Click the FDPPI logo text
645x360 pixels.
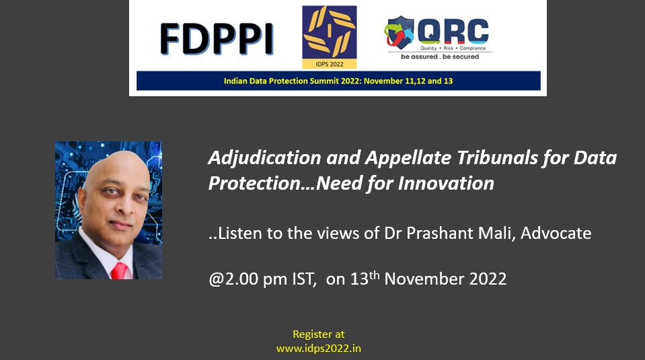click(217, 39)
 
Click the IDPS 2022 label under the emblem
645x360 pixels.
click(330, 64)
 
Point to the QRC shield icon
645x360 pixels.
click(399, 32)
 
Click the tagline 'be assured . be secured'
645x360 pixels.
click(440, 57)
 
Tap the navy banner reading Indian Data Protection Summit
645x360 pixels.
click(338, 81)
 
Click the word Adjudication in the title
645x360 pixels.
click(265, 158)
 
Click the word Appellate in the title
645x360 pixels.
click(408, 159)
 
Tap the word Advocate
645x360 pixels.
click(556, 233)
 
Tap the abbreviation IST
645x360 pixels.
click(303, 279)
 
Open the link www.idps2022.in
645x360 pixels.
click(319, 349)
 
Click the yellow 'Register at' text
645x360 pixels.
click(319, 334)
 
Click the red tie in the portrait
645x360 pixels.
click(119, 271)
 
